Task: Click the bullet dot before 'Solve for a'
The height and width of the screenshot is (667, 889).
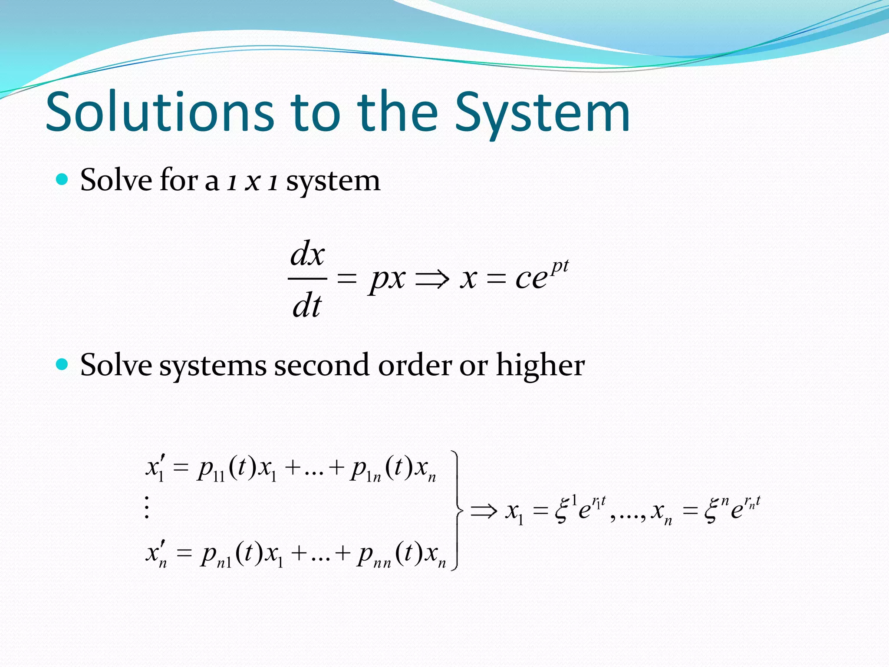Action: (x=63, y=179)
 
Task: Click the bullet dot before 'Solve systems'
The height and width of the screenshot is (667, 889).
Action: (x=63, y=364)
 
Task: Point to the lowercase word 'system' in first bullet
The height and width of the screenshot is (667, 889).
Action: (x=333, y=182)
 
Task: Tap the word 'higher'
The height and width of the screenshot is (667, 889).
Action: (x=540, y=366)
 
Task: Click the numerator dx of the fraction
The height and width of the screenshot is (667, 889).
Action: (x=307, y=254)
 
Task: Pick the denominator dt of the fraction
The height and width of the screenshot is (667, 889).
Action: (x=306, y=305)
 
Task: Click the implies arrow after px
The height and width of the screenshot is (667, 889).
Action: (x=432, y=279)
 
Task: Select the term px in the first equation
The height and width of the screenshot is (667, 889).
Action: (x=387, y=279)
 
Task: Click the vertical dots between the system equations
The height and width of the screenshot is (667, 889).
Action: (x=147, y=507)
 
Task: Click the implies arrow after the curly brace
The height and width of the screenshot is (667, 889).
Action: (x=484, y=511)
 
